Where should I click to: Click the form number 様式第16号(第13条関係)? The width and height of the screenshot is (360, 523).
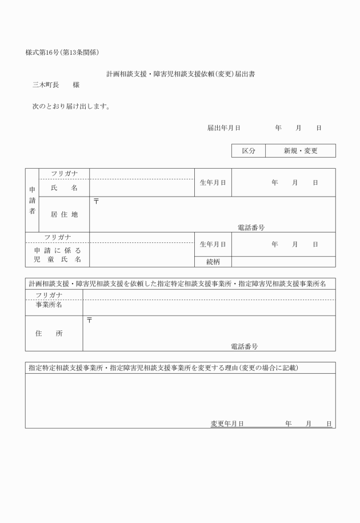62,53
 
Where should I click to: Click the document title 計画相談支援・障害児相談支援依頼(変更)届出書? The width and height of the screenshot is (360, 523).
180,74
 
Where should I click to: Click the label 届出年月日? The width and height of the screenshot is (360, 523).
223,128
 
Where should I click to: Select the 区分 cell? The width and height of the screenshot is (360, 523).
248,151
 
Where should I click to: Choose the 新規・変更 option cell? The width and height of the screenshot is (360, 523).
301,151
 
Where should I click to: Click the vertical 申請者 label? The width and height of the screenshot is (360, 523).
32,200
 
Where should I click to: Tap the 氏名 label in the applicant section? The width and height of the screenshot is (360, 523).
64,188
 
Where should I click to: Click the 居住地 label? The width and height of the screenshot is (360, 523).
64,214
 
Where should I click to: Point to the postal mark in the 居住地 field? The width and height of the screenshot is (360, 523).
96,201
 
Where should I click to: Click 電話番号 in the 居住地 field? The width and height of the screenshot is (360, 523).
251,227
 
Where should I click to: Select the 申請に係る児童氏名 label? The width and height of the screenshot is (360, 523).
58,255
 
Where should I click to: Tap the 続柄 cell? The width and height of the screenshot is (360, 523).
213,262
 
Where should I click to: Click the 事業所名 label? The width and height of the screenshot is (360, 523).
49,305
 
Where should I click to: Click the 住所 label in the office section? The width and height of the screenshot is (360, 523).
49,333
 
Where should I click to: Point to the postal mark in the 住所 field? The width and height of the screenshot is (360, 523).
89,320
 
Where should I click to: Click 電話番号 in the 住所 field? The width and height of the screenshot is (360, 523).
244,346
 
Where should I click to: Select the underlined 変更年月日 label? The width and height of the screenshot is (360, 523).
227,424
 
